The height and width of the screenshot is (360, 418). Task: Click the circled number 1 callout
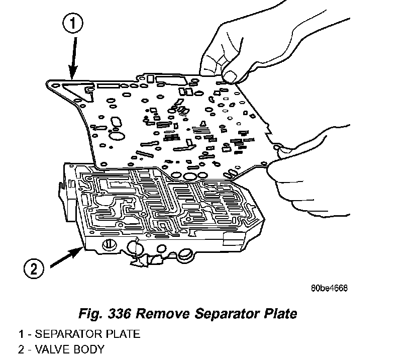[73, 23]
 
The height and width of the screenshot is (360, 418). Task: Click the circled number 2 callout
[34, 268]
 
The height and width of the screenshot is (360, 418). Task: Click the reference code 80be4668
[329, 288]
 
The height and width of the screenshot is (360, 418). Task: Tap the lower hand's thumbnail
[285, 148]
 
